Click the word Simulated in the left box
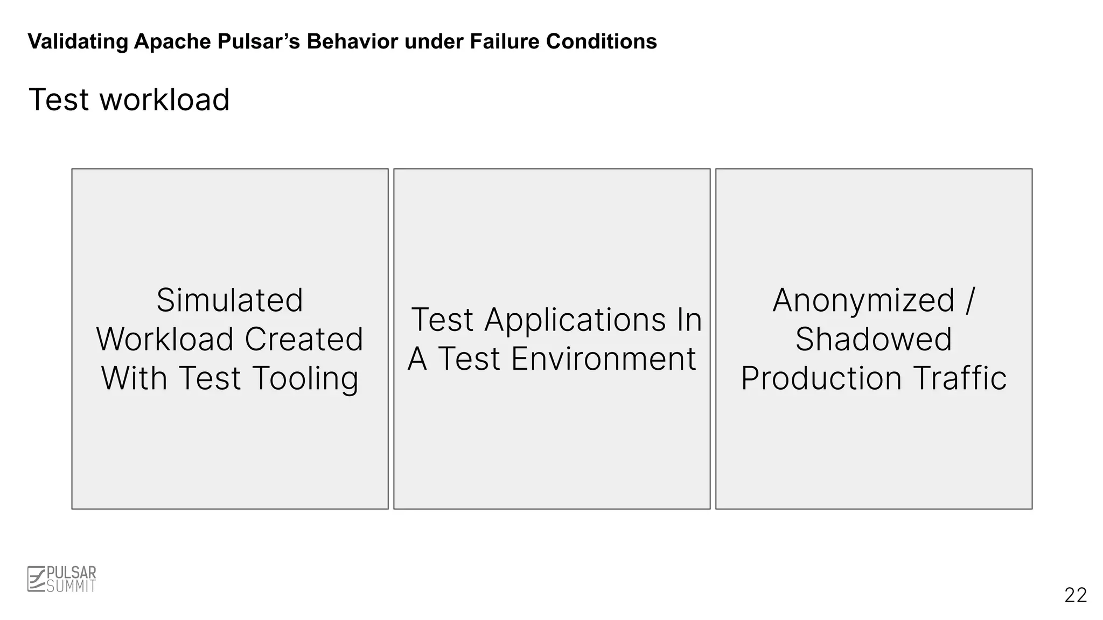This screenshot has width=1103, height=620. click(230, 300)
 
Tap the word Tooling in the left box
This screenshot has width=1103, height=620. click(305, 379)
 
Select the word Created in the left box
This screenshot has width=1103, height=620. click(304, 340)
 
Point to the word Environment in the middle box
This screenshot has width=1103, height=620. click(603, 359)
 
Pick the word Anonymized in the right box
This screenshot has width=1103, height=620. click(863, 300)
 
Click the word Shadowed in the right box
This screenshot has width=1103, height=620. click(874, 340)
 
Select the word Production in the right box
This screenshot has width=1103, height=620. click(821, 378)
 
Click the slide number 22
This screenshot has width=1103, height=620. click(1076, 595)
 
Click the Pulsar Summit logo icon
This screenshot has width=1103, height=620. click(36, 579)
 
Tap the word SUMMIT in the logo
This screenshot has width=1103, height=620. click(71, 587)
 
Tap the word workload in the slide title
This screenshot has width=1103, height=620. click(164, 100)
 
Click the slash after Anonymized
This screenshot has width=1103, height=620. click(970, 300)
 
